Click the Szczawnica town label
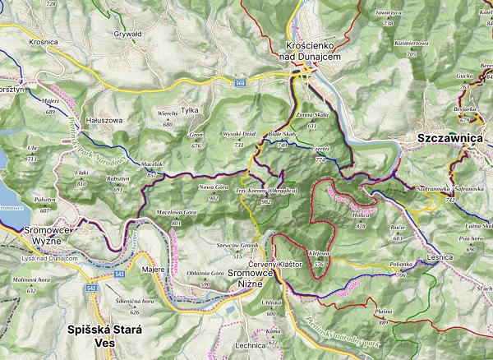[x=449, y=139]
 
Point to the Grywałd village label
[x=128, y=34]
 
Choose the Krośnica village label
[x=20, y=40]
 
